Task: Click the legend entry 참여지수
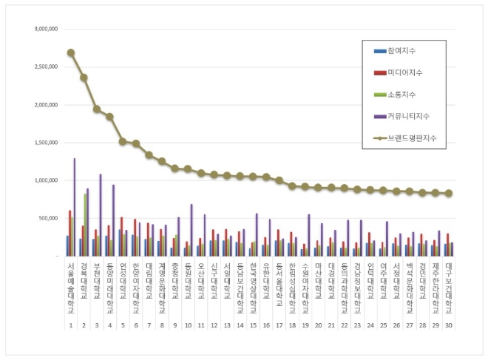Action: click(x=400, y=51)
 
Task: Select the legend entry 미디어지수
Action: click(x=403, y=72)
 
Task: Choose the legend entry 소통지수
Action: click(x=400, y=95)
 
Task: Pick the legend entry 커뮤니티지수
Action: click(x=406, y=116)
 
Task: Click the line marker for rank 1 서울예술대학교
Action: click(x=71, y=52)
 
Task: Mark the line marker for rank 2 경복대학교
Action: click(x=84, y=78)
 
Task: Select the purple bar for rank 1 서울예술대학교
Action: click(x=74, y=207)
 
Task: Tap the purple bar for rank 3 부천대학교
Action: click(x=101, y=215)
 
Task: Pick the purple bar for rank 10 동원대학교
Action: click(x=192, y=230)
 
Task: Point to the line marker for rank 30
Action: click(x=449, y=194)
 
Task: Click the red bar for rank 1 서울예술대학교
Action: click(x=70, y=233)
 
